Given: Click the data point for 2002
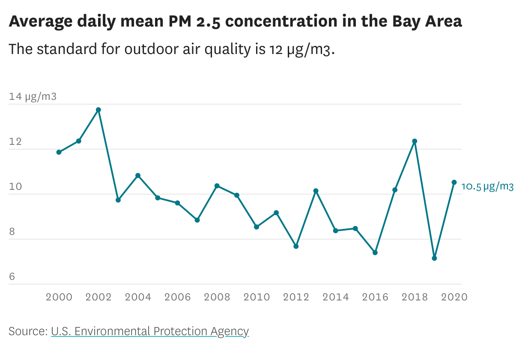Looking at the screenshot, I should click(98, 110).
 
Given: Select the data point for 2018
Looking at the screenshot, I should click(415, 141).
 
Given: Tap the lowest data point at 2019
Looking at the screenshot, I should click(434, 258).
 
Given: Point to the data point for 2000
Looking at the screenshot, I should click(59, 152).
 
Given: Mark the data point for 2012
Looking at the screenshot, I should click(296, 246).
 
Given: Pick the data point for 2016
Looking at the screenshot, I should click(375, 252).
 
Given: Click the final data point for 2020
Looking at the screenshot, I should click(454, 182).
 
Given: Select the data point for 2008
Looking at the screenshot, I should click(217, 186).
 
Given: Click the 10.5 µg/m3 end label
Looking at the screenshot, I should click(487, 186).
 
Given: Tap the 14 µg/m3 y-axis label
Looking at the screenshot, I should click(33, 96).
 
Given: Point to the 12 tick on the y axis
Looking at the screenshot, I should click(15, 142).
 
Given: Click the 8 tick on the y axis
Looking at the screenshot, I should click(12, 232).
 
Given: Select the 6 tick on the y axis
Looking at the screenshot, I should click(12, 277).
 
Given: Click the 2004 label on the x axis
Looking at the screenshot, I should click(138, 297).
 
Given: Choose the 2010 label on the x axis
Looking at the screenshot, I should click(257, 297).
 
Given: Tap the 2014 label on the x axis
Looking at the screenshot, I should click(335, 297).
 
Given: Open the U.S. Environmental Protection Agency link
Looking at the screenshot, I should click(150, 331).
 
